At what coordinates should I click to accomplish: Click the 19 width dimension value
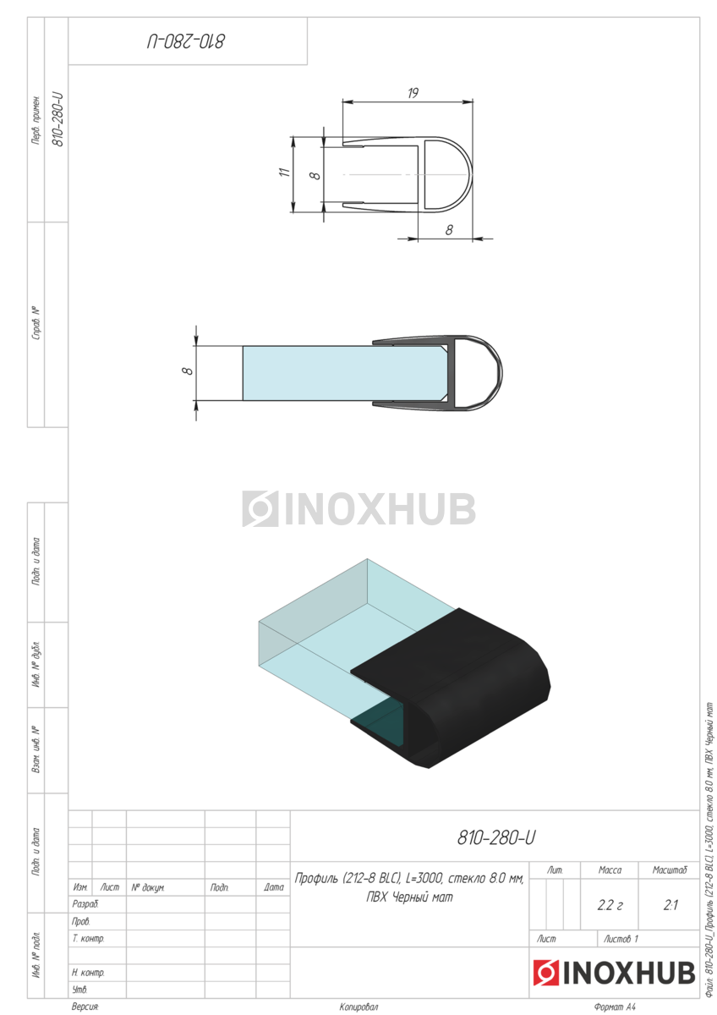coord(413,93)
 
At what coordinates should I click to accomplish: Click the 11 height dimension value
coord(284,173)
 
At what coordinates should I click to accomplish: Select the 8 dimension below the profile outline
coord(449,230)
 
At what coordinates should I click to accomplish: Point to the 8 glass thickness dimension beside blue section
coord(187,370)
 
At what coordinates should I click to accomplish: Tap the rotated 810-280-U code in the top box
coord(186,41)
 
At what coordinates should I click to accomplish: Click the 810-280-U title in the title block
coord(496,838)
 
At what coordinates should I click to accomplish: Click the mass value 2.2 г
coord(610,905)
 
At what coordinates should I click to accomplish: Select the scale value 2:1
coord(670,905)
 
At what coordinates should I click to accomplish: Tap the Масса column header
coord(610,870)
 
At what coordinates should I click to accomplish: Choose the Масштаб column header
coord(670,870)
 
